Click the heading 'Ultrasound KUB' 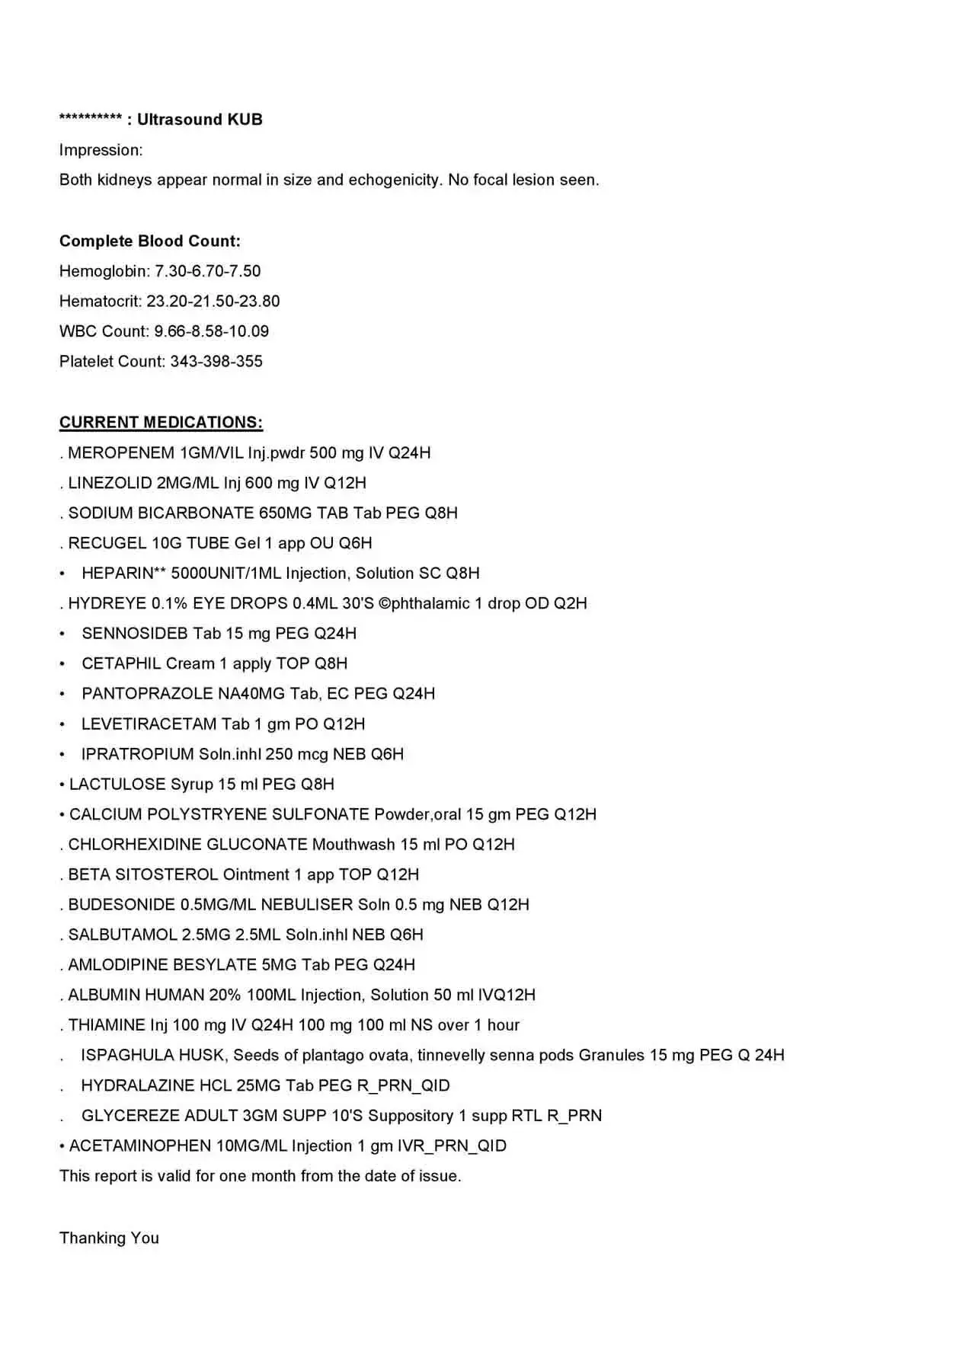pyautogui.click(x=200, y=120)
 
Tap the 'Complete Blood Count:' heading pyautogui.click(x=150, y=241)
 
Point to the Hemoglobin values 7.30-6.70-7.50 pyautogui.click(x=208, y=271)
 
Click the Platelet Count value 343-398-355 pyautogui.click(x=216, y=362)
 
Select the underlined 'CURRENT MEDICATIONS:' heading pyautogui.click(x=161, y=423)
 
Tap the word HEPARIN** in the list pyautogui.click(x=123, y=574)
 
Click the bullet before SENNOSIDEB pyautogui.click(x=62, y=634)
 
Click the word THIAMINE pyautogui.click(x=107, y=1025)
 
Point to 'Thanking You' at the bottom pyautogui.click(x=109, y=1238)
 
